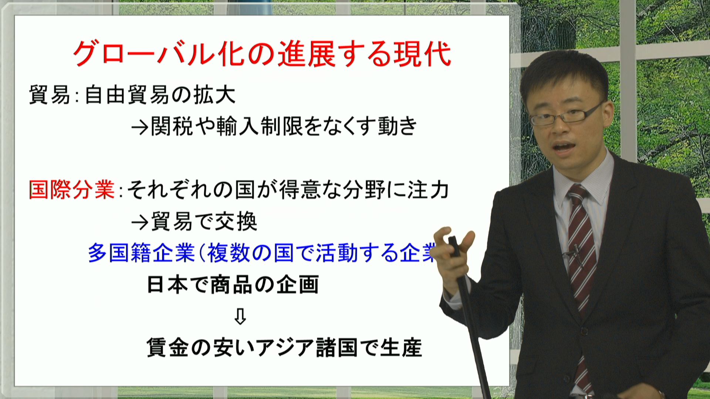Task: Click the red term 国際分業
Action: [x=72, y=190]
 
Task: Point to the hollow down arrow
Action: [x=240, y=316]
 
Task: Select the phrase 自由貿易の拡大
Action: [x=160, y=95]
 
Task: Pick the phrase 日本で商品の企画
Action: [x=233, y=285]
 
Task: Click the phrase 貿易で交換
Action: [x=204, y=222]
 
